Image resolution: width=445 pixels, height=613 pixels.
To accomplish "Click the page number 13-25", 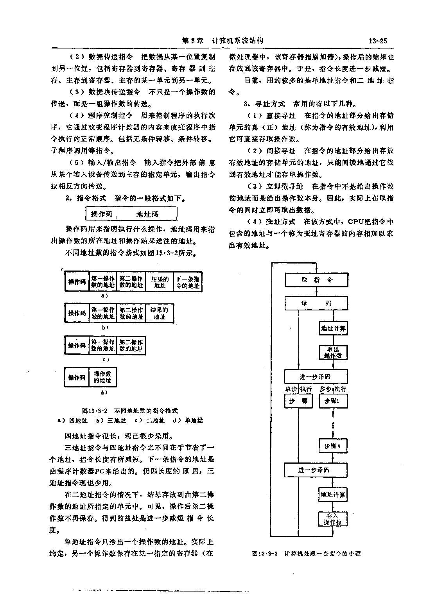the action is coord(378,41).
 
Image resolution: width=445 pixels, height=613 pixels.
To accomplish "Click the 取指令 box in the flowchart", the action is coord(316,280).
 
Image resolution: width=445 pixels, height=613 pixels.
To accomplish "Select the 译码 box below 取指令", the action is coord(316,303).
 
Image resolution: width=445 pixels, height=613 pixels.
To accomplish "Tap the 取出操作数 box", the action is coord(333,352).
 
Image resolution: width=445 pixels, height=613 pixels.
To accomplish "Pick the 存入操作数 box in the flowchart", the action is coord(332,519).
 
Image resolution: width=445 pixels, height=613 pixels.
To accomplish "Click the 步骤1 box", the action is coord(333,401).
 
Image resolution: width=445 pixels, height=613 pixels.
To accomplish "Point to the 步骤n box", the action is coord(333,446).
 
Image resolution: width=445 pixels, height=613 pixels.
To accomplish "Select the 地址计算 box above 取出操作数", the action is coord(333,328).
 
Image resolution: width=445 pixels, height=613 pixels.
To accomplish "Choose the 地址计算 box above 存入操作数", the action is coord(333,495).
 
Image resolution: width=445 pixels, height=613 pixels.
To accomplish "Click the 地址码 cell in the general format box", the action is coord(147,214).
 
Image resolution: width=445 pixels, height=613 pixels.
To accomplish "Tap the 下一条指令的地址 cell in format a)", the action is coord(188,282).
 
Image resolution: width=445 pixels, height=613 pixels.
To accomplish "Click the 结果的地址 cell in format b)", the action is coord(159,313).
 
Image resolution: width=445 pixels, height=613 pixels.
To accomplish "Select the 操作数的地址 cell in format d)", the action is coord(102,377).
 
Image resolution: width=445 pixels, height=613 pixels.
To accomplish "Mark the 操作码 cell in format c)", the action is coord(77,345).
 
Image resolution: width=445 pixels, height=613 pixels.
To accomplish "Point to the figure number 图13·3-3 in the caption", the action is coord(265,554).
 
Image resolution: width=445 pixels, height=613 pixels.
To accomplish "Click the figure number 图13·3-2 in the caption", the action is coord(95,411).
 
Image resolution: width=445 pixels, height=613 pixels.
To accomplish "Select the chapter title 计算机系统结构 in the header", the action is coord(237,41).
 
